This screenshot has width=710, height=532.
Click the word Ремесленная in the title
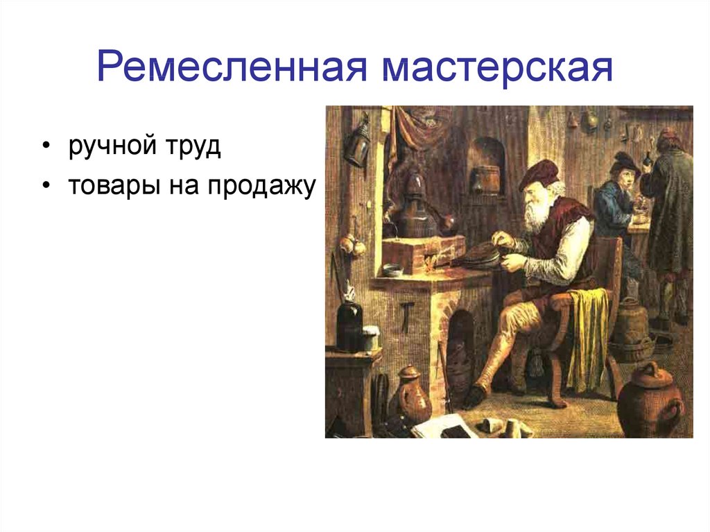pyautogui.click(x=232, y=67)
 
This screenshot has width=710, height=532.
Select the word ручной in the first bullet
pyautogui.click(x=113, y=146)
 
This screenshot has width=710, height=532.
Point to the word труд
pyautogui.click(x=193, y=146)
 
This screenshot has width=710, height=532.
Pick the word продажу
pyautogui.click(x=261, y=186)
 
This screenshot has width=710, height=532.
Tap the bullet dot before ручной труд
pyautogui.click(x=46, y=146)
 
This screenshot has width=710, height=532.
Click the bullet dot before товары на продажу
pyautogui.click(x=46, y=185)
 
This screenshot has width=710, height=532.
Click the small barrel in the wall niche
pyautogui.click(x=485, y=180)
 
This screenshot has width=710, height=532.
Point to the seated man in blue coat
pyautogui.click(x=618, y=199)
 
